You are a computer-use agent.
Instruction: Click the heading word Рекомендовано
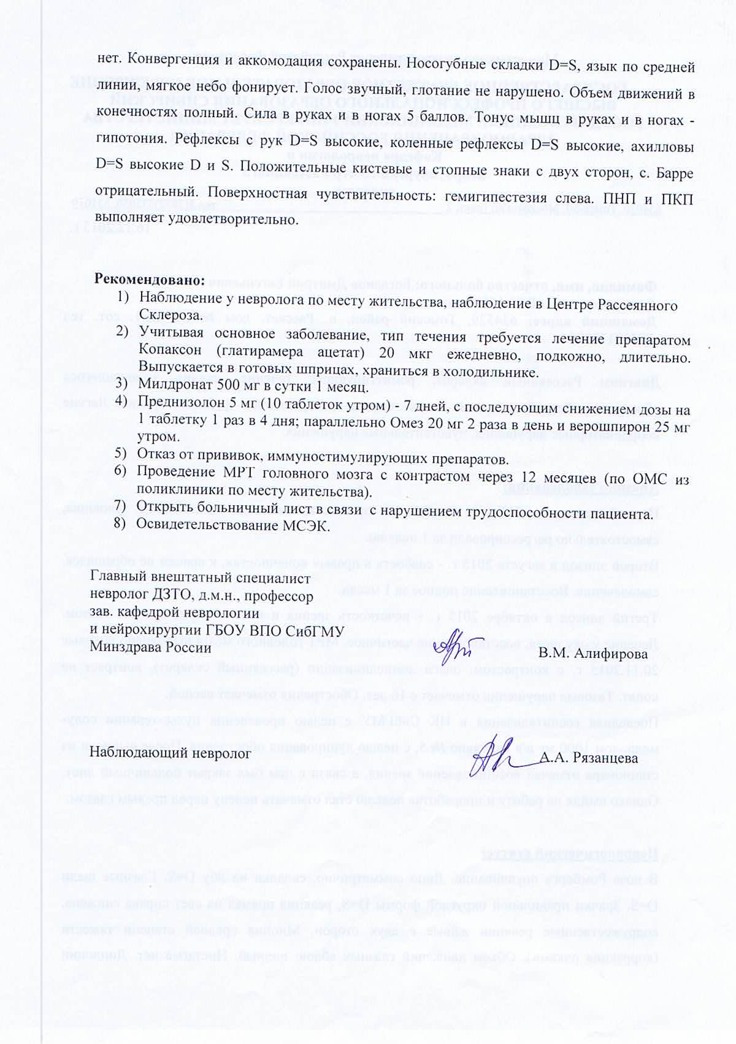148,278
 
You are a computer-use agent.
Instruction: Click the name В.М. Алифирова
592,654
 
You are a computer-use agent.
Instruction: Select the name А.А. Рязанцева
589,758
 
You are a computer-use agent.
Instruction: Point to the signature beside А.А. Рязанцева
499,752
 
